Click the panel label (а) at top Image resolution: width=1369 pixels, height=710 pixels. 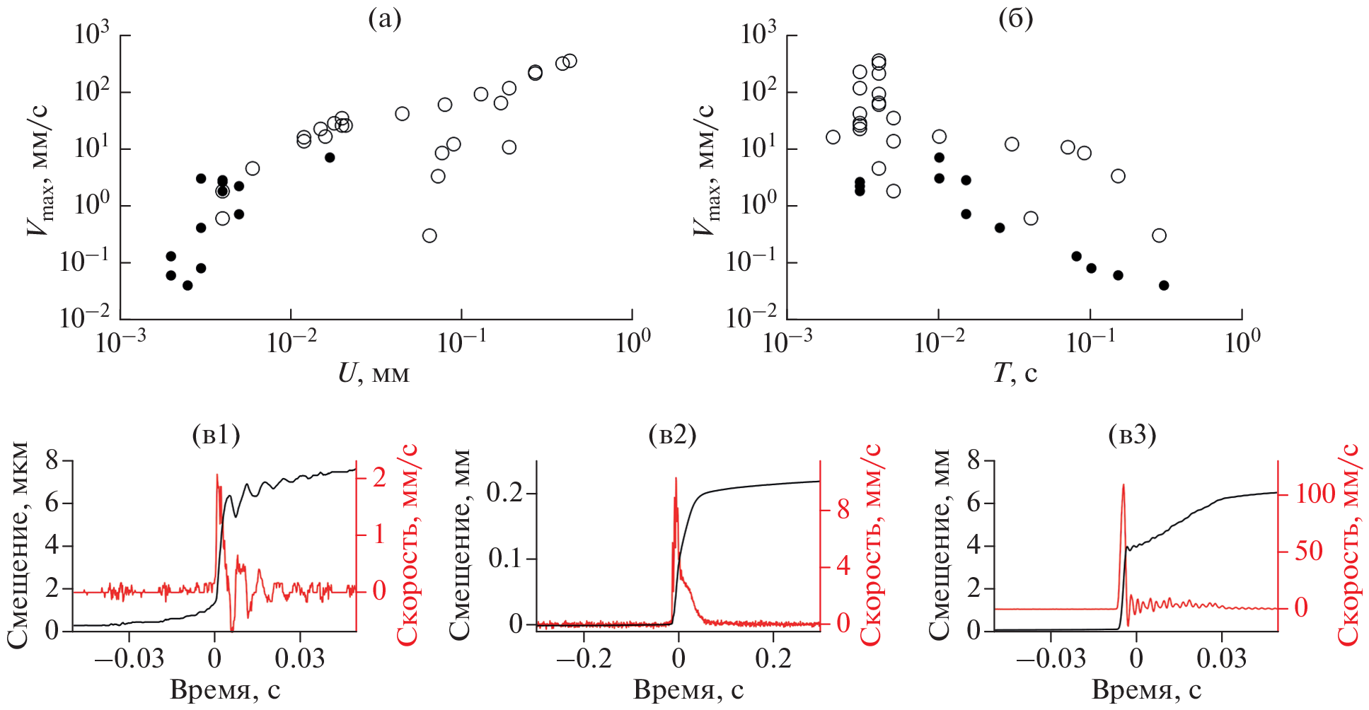[385, 19]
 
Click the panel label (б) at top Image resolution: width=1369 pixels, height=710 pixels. [1015, 19]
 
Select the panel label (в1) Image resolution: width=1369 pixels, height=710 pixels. [216, 434]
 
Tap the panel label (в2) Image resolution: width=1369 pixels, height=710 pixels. [672, 434]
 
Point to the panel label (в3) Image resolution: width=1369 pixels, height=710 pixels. [1132, 434]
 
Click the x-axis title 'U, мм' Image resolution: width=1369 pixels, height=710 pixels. [374, 373]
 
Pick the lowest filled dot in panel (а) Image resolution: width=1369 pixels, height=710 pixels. [187, 286]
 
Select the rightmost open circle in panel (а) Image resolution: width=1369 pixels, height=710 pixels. [570, 61]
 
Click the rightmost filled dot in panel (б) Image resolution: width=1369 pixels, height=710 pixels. [1164, 286]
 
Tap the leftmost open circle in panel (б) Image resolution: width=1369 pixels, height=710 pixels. [833, 137]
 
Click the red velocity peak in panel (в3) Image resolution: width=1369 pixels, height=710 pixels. [1123, 486]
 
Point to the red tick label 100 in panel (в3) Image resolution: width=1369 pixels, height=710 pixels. [1315, 494]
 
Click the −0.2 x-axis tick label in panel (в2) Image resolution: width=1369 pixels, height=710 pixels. [584, 658]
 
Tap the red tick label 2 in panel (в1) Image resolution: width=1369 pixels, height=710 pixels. [379, 477]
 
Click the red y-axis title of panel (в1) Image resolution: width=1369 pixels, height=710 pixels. [408, 545]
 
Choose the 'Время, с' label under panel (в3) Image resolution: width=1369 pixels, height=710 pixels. [1146, 689]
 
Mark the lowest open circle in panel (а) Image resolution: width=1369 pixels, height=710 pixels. [429, 235]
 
